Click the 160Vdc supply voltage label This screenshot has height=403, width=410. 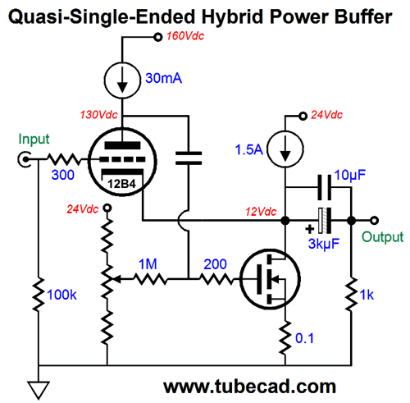click(x=185, y=36)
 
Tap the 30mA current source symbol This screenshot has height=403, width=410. click(x=122, y=80)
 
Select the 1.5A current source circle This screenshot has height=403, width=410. click(x=285, y=149)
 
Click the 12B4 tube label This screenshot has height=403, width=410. click(x=121, y=184)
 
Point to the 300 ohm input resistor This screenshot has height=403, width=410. click(x=64, y=159)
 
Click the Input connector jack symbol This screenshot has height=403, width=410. click(x=25, y=159)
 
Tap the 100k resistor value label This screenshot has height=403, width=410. click(x=61, y=295)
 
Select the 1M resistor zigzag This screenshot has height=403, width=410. click(x=151, y=279)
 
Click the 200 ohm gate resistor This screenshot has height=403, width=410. click(x=216, y=279)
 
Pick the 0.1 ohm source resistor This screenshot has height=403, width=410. click(x=285, y=338)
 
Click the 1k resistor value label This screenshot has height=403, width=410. click(x=367, y=295)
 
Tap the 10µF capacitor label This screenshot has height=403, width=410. click(x=350, y=175)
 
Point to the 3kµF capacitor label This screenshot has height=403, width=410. click(x=324, y=244)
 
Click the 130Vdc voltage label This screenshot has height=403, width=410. click(x=99, y=115)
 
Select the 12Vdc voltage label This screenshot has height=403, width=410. click(x=261, y=212)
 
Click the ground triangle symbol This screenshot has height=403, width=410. click(x=39, y=391)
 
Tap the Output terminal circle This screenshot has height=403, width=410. click(x=375, y=220)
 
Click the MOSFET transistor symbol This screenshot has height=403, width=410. click(x=270, y=279)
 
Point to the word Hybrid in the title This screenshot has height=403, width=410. click(x=232, y=17)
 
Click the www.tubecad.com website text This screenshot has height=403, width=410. click(x=249, y=387)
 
